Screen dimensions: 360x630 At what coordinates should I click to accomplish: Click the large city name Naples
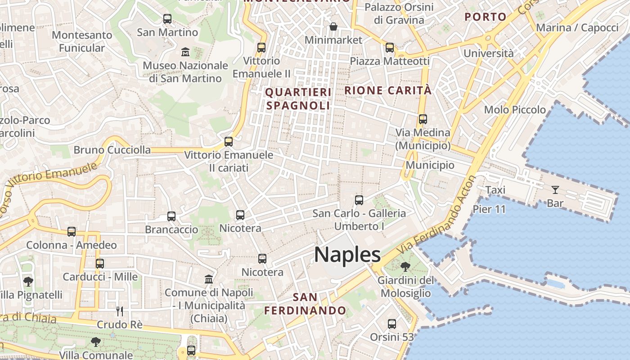pyautogui.click(x=347, y=255)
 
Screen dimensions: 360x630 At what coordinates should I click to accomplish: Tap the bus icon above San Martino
pyautogui.click(x=167, y=19)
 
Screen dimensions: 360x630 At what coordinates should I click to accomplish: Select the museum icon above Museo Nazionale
pyautogui.click(x=185, y=52)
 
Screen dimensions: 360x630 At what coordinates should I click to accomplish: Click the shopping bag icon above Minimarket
pyautogui.click(x=333, y=27)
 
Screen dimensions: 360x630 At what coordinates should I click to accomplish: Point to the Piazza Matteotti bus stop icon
pyautogui.click(x=390, y=48)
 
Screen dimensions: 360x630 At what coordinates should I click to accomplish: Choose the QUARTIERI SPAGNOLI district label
pyautogui.click(x=298, y=99)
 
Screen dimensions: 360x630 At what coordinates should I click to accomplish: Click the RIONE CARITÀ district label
pyautogui.click(x=388, y=90)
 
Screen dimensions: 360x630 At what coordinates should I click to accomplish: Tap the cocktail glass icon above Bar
pyautogui.click(x=555, y=190)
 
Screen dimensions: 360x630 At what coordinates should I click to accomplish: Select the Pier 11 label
pyautogui.click(x=489, y=209)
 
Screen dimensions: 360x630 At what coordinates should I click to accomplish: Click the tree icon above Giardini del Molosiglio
pyautogui.click(x=405, y=267)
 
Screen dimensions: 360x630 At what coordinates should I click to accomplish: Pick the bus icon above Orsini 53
pyautogui.click(x=392, y=324)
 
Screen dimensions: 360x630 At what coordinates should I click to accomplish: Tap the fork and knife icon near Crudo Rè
pyautogui.click(x=120, y=311)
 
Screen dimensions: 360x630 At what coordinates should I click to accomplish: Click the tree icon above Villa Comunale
pyautogui.click(x=95, y=342)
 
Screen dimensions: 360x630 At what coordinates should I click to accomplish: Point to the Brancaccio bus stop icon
pyautogui.click(x=171, y=216)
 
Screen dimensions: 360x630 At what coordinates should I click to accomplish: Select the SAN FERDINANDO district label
pyautogui.click(x=305, y=304)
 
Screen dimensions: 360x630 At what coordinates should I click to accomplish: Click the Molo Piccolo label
pyautogui.click(x=515, y=110)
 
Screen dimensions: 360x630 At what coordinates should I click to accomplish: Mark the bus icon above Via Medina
pyautogui.click(x=423, y=119)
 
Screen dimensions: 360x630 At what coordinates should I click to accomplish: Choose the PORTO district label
pyautogui.click(x=486, y=17)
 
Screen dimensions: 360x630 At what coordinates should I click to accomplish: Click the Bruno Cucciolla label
pyautogui.click(x=112, y=150)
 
